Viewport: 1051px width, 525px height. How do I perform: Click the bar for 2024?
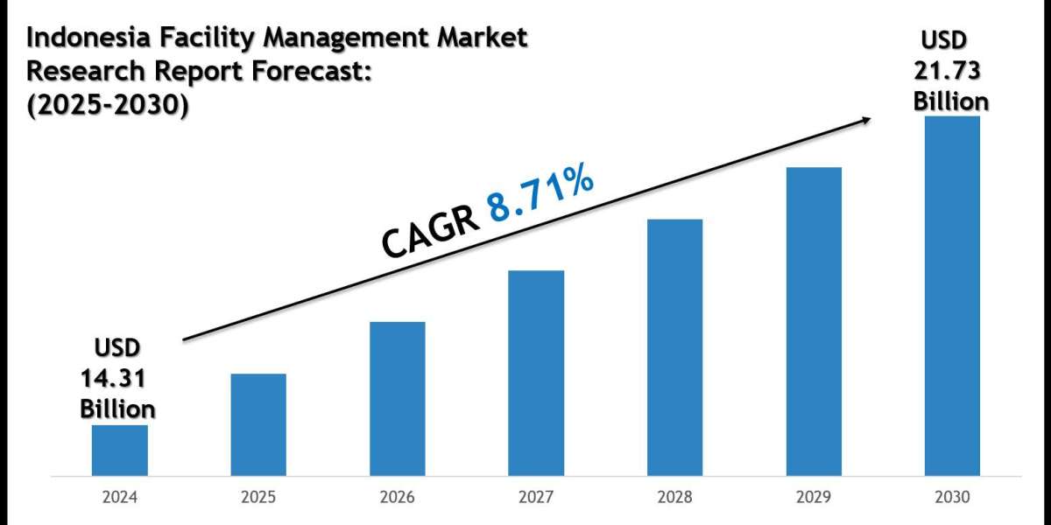[x=120, y=450]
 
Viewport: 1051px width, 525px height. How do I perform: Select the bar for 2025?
[x=258, y=424]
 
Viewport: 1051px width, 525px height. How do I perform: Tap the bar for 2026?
[x=397, y=398]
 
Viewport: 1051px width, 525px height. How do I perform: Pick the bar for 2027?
[x=536, y=373]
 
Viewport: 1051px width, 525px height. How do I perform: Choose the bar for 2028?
[x=674, y=346]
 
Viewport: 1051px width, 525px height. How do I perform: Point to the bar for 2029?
[x=814, y=321]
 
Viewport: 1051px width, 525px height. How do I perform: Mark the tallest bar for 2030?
[x=952, y=295]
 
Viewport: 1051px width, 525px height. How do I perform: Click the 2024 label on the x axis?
[x=120, y=497]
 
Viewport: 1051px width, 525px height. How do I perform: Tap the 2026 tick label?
[x=397, y=497]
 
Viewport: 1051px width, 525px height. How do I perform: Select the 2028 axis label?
[x=674, y=497]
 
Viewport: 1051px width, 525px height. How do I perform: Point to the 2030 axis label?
[x=952, y=497]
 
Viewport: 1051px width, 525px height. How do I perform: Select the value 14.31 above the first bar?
[x=113, y=378]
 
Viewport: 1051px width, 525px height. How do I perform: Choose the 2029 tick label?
[x=814, y=497]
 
